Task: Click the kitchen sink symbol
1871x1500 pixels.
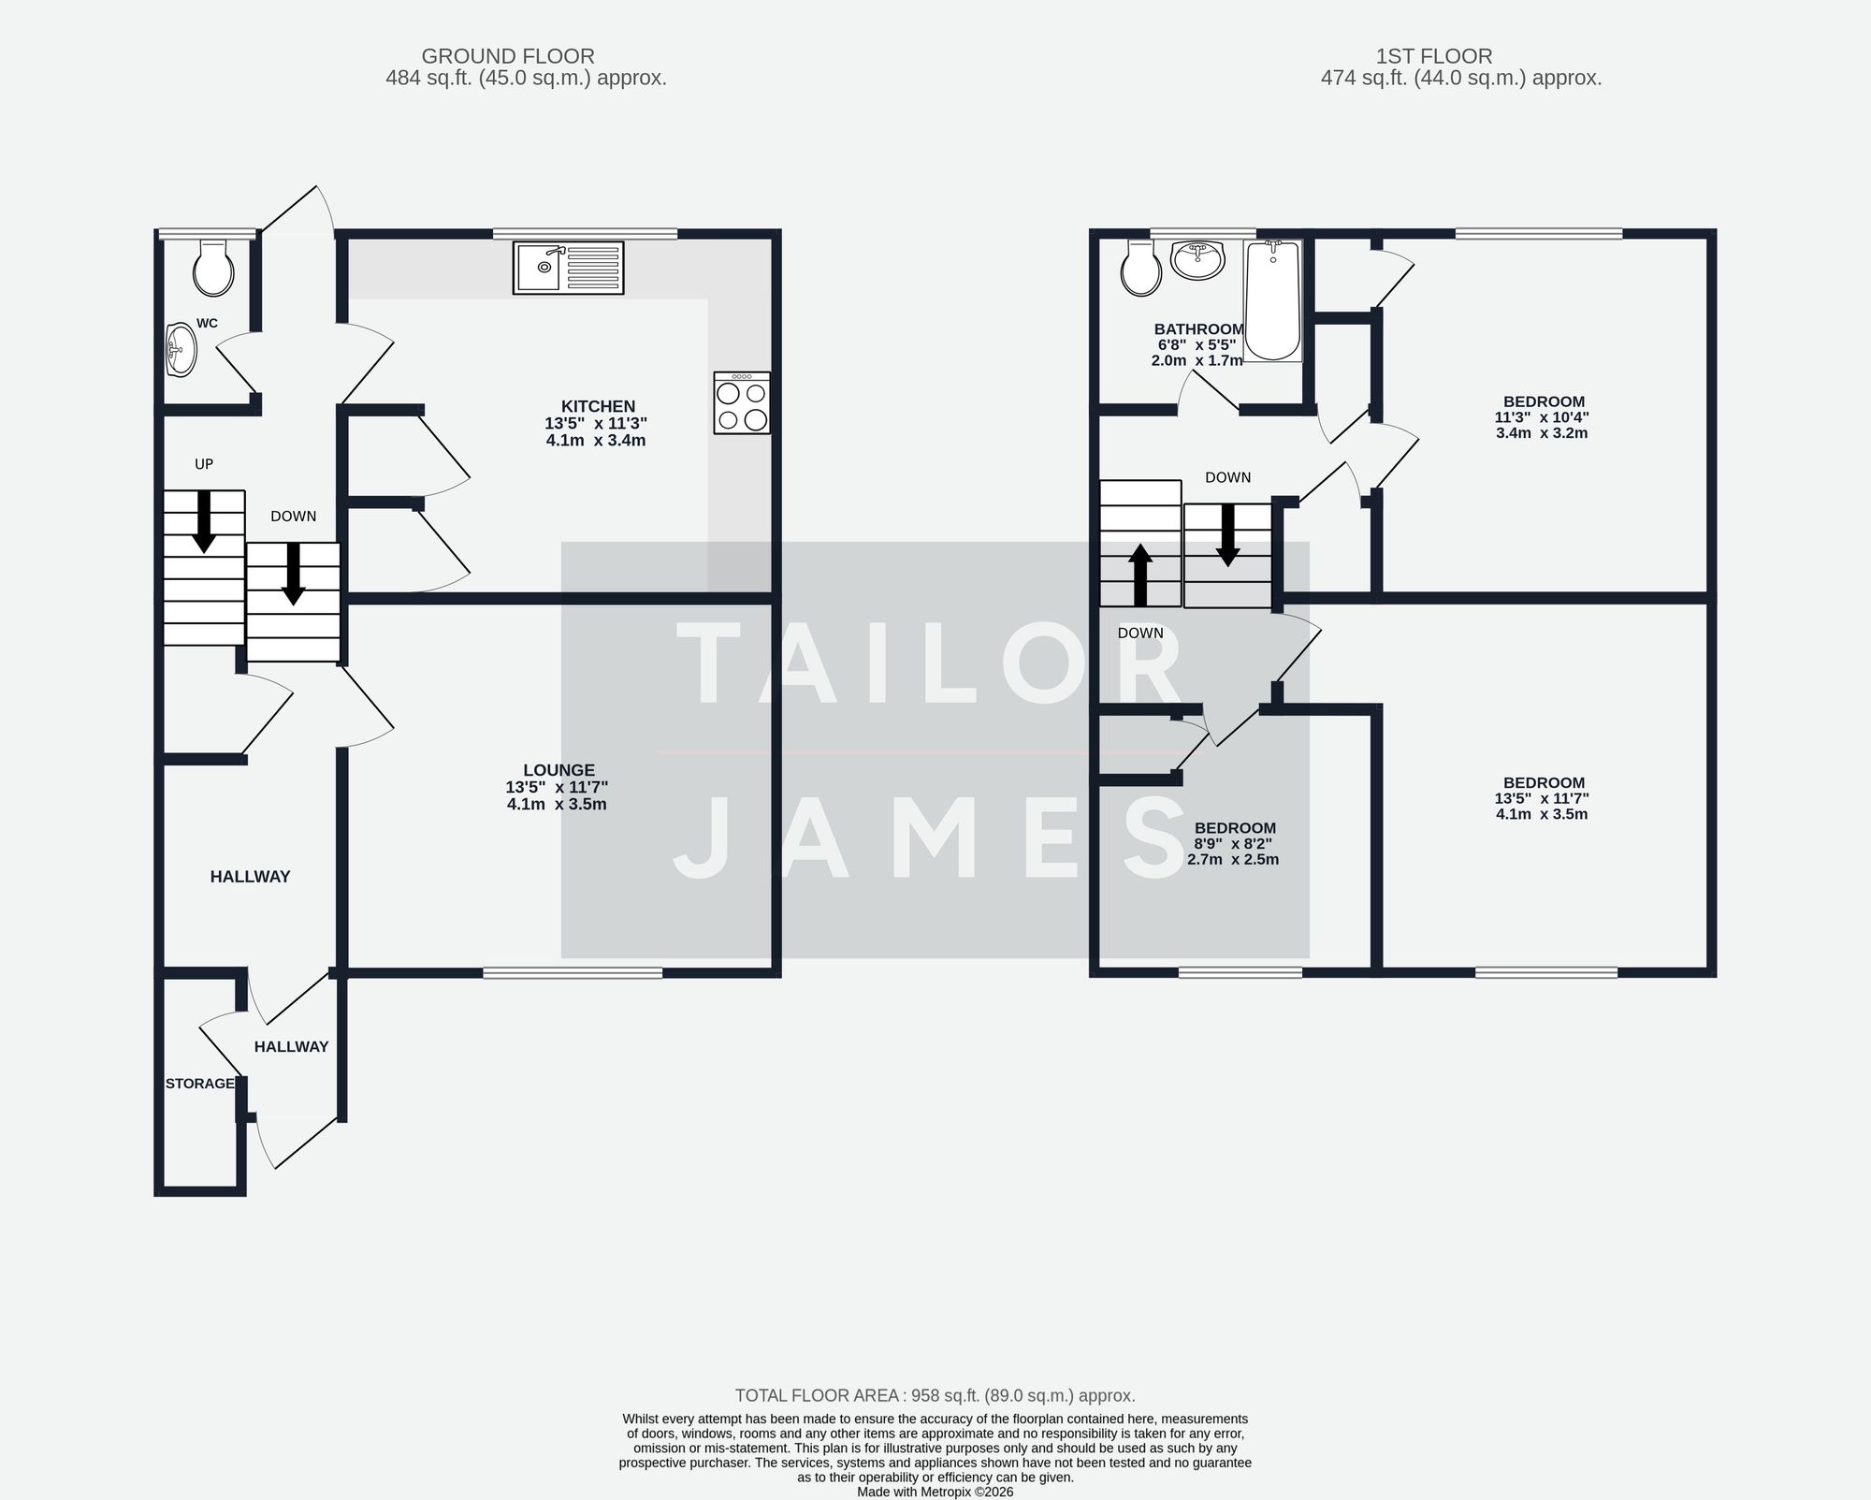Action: point(567,268)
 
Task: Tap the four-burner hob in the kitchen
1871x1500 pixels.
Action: point(742,402)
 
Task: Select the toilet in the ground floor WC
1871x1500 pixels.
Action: point(213,269)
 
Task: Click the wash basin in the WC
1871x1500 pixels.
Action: point(181,350)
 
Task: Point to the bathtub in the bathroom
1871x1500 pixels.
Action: point(1272,300)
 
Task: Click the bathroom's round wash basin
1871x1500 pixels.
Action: point(1197,259)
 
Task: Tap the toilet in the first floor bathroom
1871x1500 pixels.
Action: point(1141,269)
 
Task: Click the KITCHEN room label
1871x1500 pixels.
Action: point(598,406)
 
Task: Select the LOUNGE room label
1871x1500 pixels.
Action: point(558,771)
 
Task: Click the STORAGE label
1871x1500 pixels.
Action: point(199,1084)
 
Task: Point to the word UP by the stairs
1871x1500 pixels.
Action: point(204,464)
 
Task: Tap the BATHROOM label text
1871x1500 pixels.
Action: point(1198,329)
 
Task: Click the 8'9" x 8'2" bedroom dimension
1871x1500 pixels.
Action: point(1233,844)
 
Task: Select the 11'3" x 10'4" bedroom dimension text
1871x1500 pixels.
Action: point(1542,417)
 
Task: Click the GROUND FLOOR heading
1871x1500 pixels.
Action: point(508,56)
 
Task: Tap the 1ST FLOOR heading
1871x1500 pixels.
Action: point(1434,56)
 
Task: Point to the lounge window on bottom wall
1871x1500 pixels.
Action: point(573,973)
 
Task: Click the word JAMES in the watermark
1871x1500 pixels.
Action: point(931,839)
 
